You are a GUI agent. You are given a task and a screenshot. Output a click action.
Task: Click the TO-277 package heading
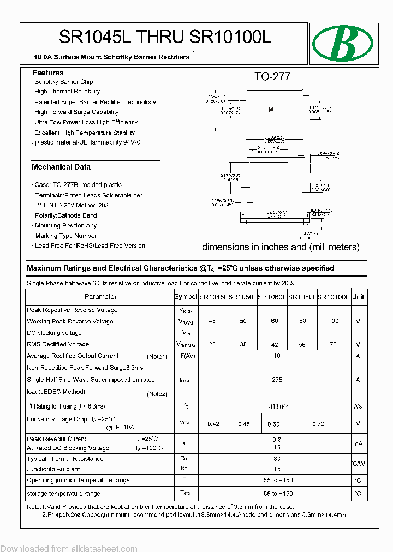click(x=272, y=77)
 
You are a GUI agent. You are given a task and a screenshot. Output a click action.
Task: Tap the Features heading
click(x=48, y=73)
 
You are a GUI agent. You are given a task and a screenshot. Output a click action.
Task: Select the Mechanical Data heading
click(x=61, y=167)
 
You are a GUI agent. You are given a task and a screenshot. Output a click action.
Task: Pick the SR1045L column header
click(x=213, y=297)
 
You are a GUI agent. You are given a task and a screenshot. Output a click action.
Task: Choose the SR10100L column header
click(x=334, y=297)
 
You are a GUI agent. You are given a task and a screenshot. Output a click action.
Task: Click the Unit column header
click(x=358, y=297)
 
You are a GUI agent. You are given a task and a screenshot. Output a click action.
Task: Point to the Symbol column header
click(x=186, y=297)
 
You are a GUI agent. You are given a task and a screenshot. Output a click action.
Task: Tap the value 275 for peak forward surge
click(x=277, y=380)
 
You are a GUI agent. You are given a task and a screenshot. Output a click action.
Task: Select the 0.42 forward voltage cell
click(x=213, y=424)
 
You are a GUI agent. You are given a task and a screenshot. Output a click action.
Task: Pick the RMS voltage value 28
click(x=212, y=345)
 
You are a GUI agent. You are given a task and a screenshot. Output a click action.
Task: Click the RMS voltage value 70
click(x=333, y=345)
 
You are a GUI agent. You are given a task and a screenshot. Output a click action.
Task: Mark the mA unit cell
click(x=358, y=444)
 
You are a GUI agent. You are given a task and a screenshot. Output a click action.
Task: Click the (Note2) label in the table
click(x=157, y=394)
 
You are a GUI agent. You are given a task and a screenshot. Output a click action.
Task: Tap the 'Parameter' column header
click(x=100, y=297)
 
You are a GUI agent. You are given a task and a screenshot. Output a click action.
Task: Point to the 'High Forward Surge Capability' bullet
click(x=76, y=112)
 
